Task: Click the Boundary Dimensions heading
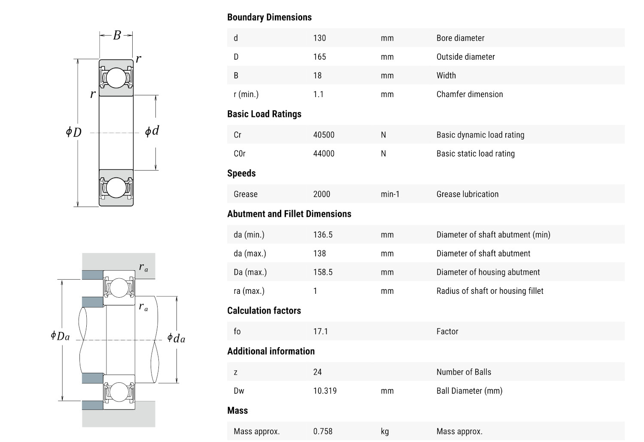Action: click(x=269, y=17)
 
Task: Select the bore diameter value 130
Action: click(x=319, y=38)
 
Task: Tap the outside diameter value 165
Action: click(x=319, y=57)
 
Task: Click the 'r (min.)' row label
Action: click(x=246, y=94)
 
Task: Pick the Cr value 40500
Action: click(x=324, y=135)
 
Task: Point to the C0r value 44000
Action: click(x=324, y=153)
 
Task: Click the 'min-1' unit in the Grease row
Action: click(x=390, y=194)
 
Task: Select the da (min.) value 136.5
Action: click(x=323, y=235)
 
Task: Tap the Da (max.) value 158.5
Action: click(x=323, y=272)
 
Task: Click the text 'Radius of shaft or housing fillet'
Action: click(x=490, y=291)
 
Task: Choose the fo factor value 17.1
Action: click(x=320, y=331)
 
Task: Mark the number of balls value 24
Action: click(x=317, y=372)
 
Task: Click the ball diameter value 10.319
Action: click(x=325, y=391)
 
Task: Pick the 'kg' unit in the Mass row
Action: click(x=385, y=431)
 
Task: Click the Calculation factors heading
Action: click(x=264, y=311)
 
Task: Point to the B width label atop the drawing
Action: click(x=117, y=35)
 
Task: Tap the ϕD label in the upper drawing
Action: click(x=73, y=132)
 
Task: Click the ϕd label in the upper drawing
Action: click(x=152, y=131)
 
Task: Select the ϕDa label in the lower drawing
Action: click(x=60, y=336)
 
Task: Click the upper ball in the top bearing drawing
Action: click(x=116, y=78)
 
